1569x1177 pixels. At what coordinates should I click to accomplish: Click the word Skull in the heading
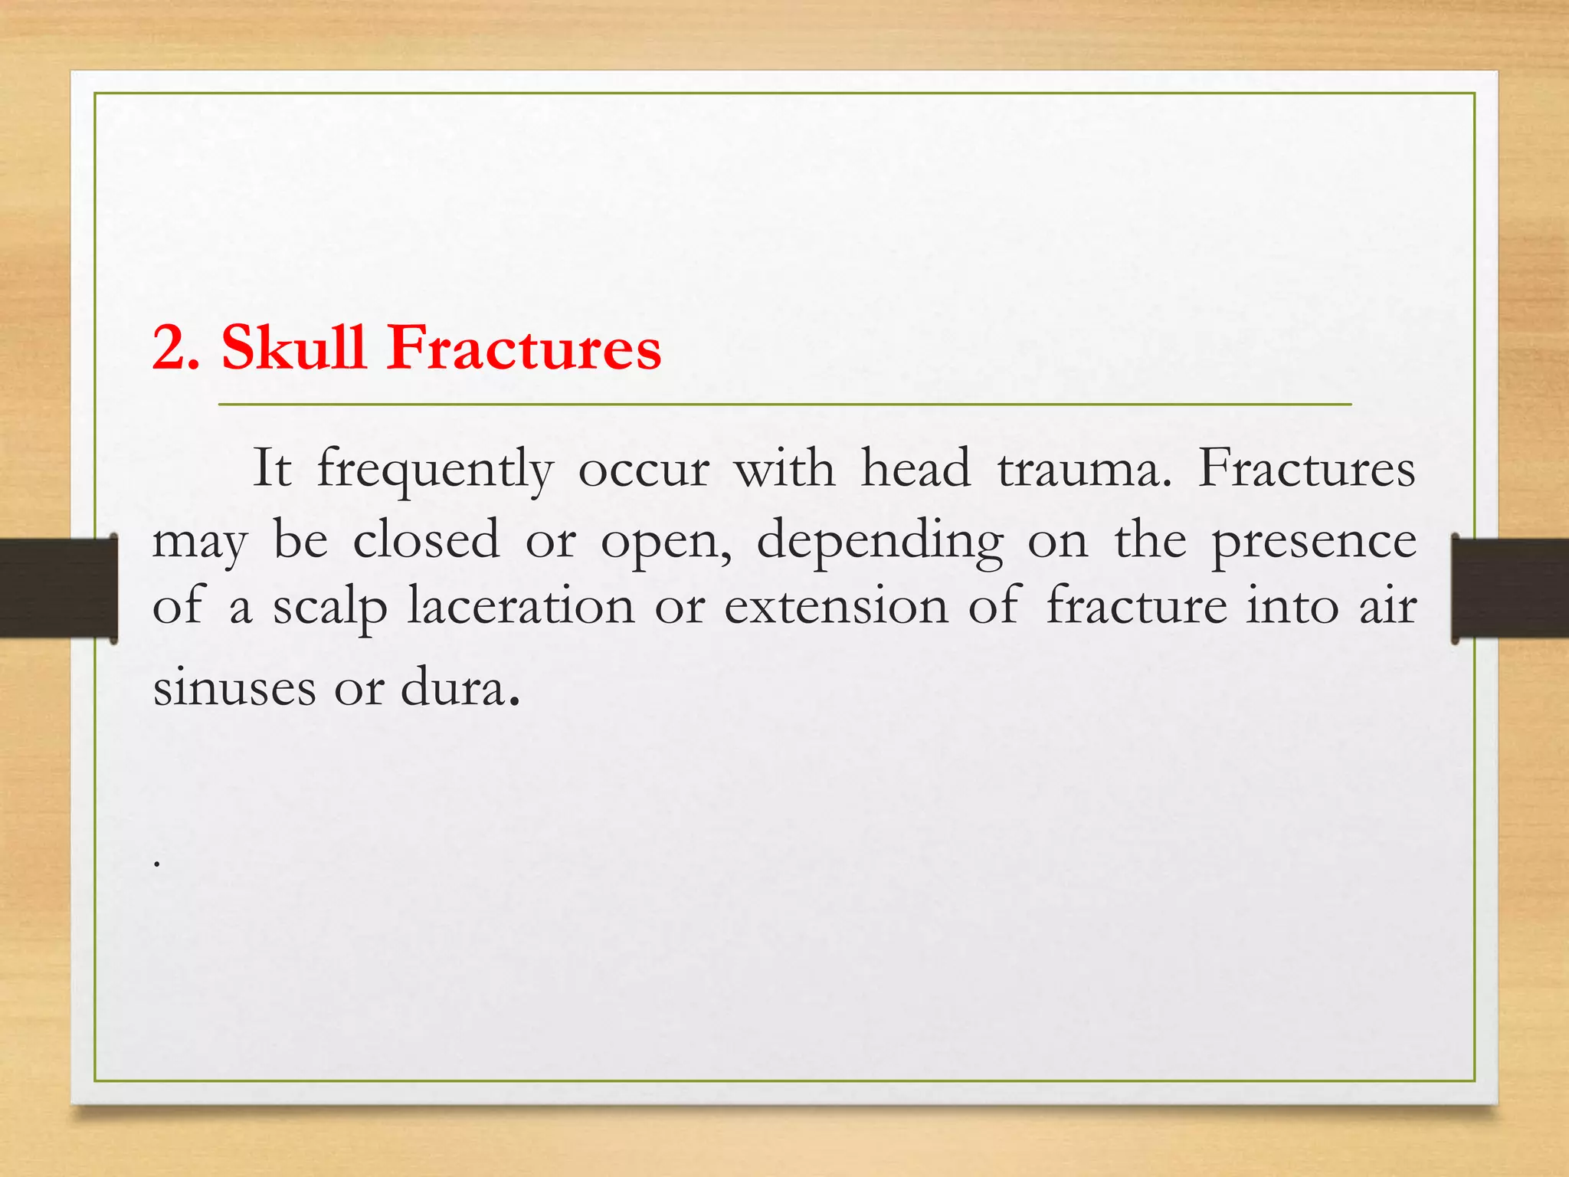293,348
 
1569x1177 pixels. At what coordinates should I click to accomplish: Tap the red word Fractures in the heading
523,349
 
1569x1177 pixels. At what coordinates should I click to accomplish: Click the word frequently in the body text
434,470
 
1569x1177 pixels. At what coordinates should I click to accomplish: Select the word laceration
521,605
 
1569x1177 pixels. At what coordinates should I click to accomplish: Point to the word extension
837,605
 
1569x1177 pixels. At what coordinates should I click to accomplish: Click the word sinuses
234,687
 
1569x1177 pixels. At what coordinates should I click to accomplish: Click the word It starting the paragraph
272,468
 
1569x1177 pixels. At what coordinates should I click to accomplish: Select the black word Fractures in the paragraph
1306,468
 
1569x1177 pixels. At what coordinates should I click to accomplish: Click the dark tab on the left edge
57,588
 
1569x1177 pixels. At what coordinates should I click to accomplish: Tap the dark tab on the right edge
1510,588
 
